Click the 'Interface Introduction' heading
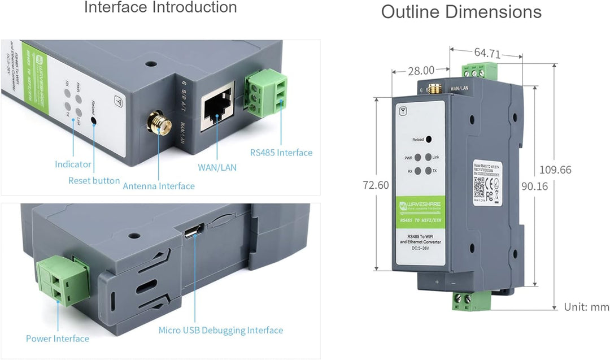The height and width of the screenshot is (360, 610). pyautogui.click(x=160, y=8)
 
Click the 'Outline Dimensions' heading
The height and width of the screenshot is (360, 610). pyautogui.click(x=461, y=12)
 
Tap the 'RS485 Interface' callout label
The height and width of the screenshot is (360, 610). pyautogui.click(x=281, y=153)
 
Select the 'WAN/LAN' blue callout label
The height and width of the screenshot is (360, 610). pyautogui.click(x=217, y=167)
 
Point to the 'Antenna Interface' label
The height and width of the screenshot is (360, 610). pyautogui.click(x=159, y=186)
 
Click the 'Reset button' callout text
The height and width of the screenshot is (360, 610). pyautogui.click(x=94, y=181)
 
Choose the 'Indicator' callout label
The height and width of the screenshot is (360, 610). pyautogui.click(x=73, y=164)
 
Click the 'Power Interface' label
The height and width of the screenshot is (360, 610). pyautogui.click(x=58, y=339)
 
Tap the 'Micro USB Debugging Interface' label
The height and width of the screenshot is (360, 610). pyautogui.click(x=220, y=330)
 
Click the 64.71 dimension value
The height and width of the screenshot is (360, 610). pyautogui.click(x=487, y=53)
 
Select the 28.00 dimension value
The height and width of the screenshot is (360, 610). pyautogui.click(x=421, y=71)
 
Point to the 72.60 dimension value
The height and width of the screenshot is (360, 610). pyautogui.click(x=376, y=185)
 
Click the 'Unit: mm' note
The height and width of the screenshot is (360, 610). pyautogui.click(x=586, y=307)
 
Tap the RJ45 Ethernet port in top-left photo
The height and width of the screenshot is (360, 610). pyautogui.click(x=217, y=107)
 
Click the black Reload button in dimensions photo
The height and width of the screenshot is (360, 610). pyautogui.click(x=429, y=139)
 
